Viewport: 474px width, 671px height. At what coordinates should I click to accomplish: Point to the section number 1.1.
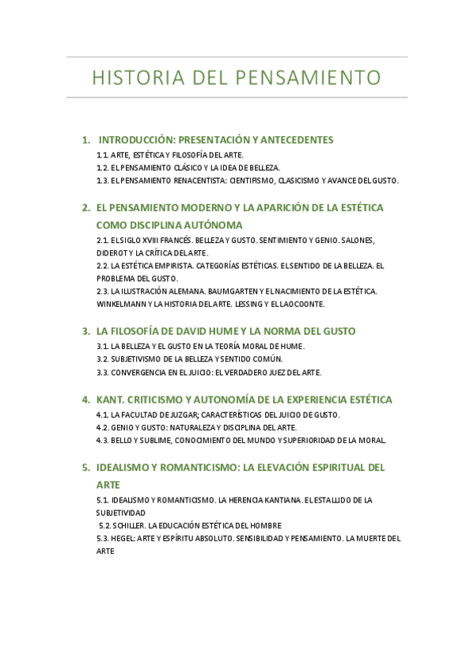coord(102,155)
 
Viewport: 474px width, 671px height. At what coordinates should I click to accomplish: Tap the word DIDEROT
coord(111,252)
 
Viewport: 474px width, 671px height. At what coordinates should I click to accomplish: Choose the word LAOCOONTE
coord(302,304)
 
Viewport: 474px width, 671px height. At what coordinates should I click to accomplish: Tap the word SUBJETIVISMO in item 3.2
coord(138,359)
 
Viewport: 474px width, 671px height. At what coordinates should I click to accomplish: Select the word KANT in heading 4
coord(108,400)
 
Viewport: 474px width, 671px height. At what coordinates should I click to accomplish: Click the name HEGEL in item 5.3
coord(123,538)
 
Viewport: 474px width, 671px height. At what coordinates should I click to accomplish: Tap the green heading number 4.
coord(85,400)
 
